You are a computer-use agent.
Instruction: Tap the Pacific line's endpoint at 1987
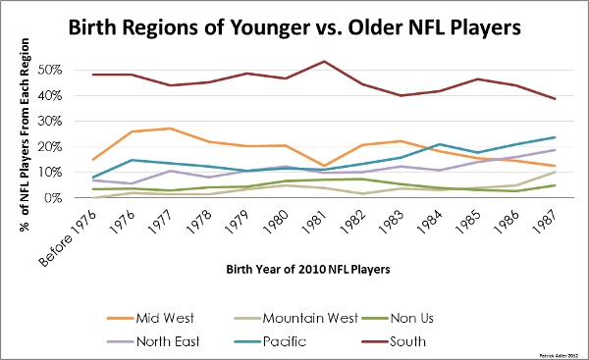[556, 137]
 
